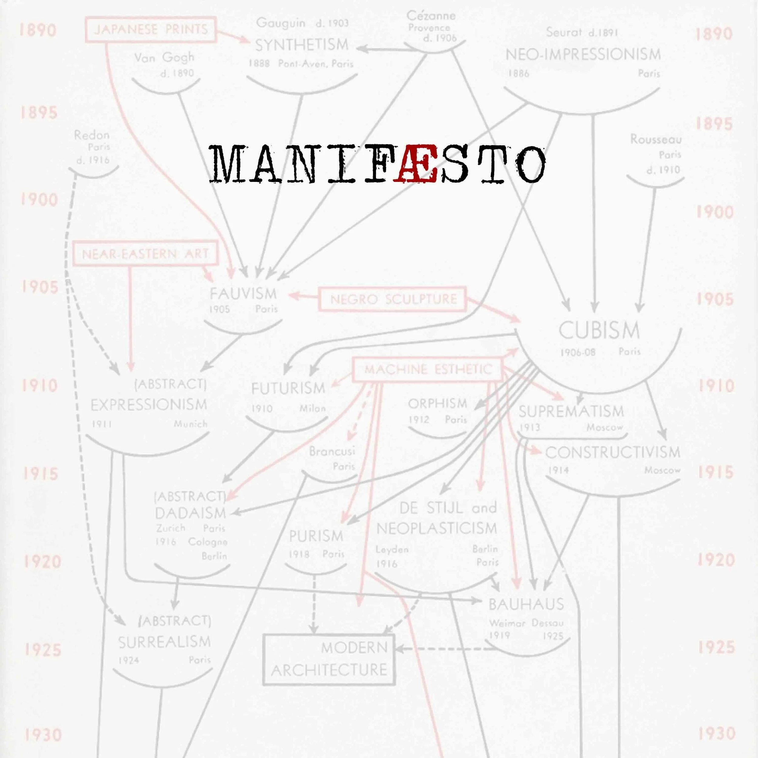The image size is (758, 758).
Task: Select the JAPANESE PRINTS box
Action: pyautogui.click(x=151, y=29)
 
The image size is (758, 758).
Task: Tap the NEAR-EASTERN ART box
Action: pyautogui.click(x=145, y=254)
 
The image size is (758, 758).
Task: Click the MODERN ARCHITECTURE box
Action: pyautogui.click(x=329, y=659)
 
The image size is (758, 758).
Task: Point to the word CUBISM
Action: pyautogui.click(x=599, y=331)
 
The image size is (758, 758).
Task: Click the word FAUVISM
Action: pyautogui.click(x=243, y=293)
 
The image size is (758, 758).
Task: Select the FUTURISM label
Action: pyautogui.click(x=288, y=388)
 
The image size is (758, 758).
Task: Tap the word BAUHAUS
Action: pyautogui.click(x=526, y=604)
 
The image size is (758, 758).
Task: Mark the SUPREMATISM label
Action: pyautogui.click(x=571, y=411)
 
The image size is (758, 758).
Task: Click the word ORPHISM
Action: pyautogui.click(x=438, y=403)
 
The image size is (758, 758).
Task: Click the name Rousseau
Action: pyautogui.click(x=656, y=139)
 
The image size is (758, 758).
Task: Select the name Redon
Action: pyautogui.click(x=92, y=135)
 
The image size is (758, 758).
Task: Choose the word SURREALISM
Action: pyautogui.click(x=164, y=642)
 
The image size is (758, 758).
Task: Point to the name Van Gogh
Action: pyautogui.click(x=164, y=58)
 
